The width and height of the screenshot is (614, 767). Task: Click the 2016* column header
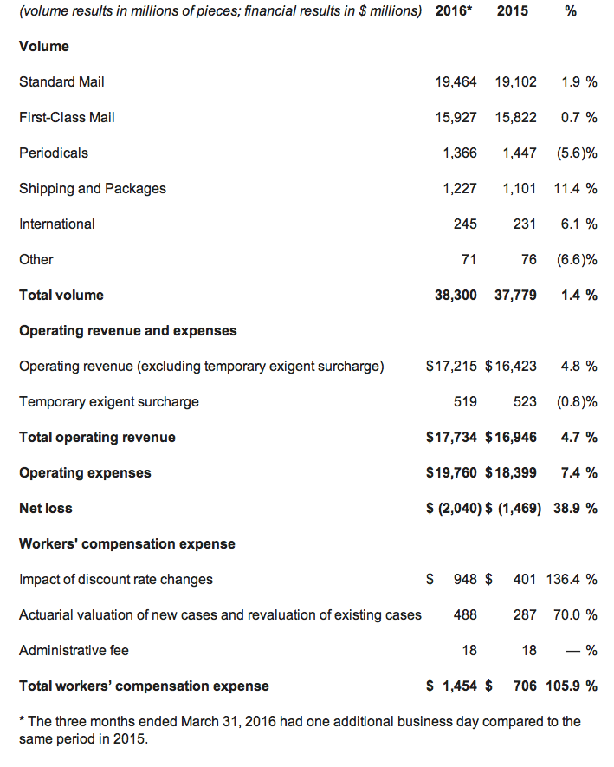point(454,10)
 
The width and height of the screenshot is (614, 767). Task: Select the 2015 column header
point(513,10)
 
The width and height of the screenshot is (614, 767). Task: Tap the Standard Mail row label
point(61,81)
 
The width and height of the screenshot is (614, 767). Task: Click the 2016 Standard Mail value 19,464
point(456,81)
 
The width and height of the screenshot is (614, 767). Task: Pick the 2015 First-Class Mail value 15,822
point(516,117)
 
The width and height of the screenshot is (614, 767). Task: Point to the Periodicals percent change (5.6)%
point(577,153)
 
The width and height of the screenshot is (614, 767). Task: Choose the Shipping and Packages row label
point(93,189)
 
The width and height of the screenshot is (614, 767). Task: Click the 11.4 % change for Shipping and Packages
point(575,188)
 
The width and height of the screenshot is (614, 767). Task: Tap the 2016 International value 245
point(465,224)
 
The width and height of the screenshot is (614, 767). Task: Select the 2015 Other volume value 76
point(528,259)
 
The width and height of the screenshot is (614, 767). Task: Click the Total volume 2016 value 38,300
point(456,295)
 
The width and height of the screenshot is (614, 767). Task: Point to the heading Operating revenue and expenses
point(127,331)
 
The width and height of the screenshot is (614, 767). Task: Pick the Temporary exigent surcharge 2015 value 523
point(525,401)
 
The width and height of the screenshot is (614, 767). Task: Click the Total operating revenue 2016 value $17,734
point(451,438)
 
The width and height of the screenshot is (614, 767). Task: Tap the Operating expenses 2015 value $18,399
point(511,473)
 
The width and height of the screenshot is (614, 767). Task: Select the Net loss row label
point(45,508)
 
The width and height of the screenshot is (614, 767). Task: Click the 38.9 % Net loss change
point(575,508)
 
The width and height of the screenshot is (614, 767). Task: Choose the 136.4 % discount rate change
point(572,579)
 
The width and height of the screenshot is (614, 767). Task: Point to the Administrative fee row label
point(74,651)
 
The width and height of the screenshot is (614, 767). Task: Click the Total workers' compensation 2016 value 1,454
point(460,686)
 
